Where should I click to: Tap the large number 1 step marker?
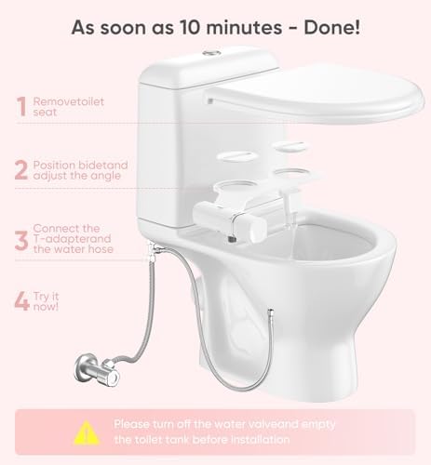pyautogui.click(x=20, y=107)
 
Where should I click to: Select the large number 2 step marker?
pyautogui.click(x=20, y=171)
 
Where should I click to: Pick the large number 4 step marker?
pyautogui.click(x=20, y=302)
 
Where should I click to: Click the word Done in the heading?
pyautogui.click(x=330, y=25)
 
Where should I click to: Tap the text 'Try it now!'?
pyautogui.click(x=45, y=302)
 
